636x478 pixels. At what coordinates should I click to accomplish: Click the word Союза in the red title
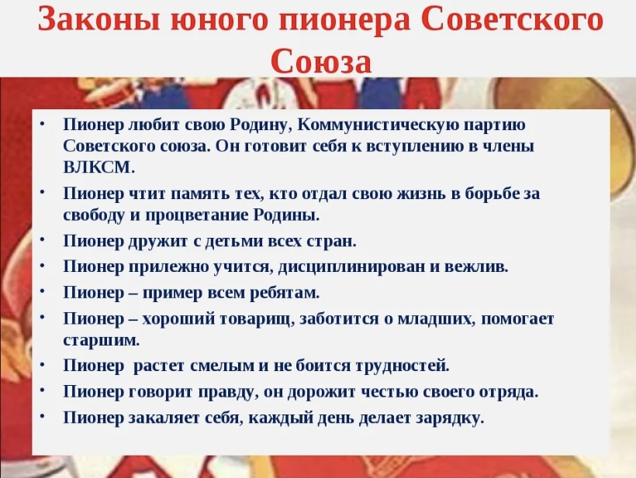[321, 61]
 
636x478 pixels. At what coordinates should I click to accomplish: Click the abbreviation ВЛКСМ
[99, 167]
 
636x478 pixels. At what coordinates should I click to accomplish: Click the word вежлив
[476, 267]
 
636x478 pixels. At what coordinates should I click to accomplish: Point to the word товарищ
[258, 320]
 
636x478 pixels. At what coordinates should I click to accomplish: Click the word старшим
[102, 340]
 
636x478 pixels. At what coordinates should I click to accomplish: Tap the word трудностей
[403, 366]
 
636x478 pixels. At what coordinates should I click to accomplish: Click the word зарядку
[454, 418]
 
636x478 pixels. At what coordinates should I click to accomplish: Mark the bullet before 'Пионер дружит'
[43, 239]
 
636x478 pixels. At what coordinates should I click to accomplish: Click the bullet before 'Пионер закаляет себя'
[43, 417]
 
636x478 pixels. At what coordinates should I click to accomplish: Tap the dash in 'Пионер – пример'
[133, 294]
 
